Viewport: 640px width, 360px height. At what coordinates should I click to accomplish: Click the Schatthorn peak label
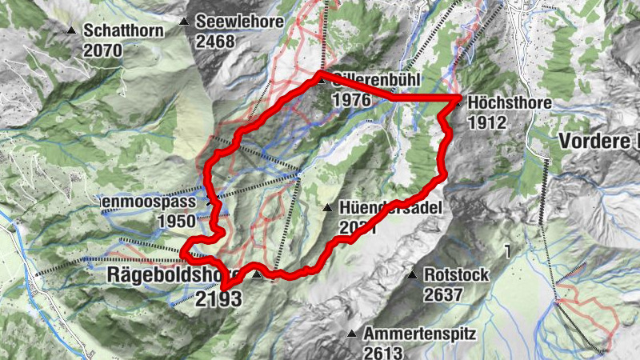click(123, 31)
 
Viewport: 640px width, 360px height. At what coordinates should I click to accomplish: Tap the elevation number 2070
click(102, 50)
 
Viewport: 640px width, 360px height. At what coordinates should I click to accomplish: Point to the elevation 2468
click(214, 40)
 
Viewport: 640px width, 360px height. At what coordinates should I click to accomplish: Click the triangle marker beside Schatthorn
click(71, 31)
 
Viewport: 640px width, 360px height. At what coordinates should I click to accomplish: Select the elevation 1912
click(486, 122)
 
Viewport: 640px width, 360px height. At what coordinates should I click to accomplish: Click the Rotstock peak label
click(456, 275)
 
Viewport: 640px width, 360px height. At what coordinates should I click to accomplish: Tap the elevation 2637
click(443, 294)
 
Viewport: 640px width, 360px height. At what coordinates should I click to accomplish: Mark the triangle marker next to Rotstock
click(412, 275)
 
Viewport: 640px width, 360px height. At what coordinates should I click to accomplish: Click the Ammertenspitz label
click(419, 333)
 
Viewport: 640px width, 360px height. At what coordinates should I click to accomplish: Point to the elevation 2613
click(382, 351)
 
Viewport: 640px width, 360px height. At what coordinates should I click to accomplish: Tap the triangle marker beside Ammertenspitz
click(351, 333)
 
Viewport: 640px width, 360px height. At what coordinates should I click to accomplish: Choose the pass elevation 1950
click(178, 221)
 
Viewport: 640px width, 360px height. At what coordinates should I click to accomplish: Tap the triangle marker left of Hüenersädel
click(327, 208)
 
